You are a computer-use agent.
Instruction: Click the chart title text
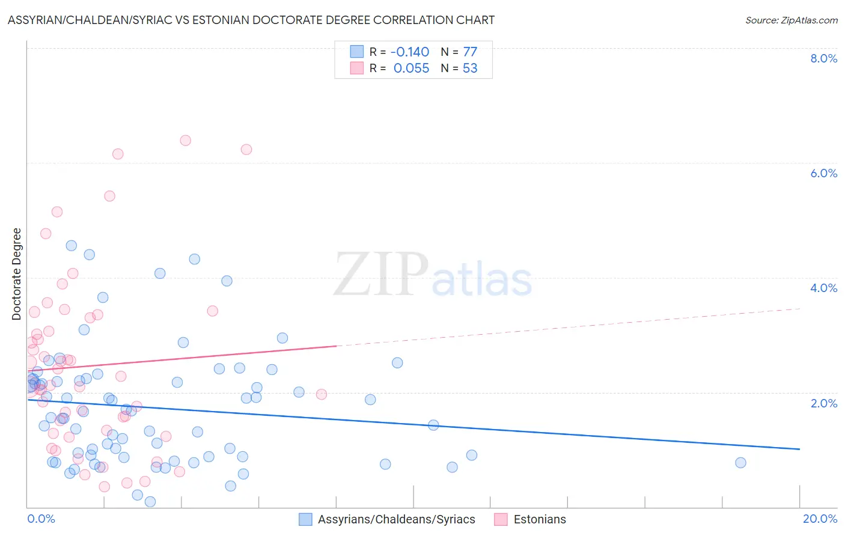pyautogui.click(x=251, y=20)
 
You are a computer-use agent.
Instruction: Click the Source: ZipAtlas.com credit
pyautogui.click(x=791, y=20)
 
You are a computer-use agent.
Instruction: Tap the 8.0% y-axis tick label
pyautogui.click(x=823, y=58)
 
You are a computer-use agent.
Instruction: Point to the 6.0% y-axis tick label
pyautogui.click(x=823, y=173)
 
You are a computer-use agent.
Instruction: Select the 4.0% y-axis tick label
pyautogui.click(x=823, y=288)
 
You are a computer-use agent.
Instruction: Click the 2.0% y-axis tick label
pyautogui.click(x=823, y=403)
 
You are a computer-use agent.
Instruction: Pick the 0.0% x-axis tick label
pyautogui.click(x=41, y=519)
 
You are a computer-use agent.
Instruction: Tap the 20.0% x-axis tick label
pyautogui.click(x=820, y=519)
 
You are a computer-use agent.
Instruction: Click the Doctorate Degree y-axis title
pyautogui.click(x=17, y=274)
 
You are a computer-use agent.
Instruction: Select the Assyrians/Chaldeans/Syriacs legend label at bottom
pyautogui.click(x=396, y=520)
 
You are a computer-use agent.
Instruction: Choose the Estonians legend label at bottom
pyautogui.click(x=539, y=520)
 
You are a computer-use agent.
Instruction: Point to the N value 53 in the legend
pyautogui.click(x=470, y=68)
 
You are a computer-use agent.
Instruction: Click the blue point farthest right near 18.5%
pyautogui.click(x=740, y=463)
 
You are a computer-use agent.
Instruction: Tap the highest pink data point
pyautogui.click(x=185, y=141)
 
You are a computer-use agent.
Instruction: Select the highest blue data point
pyautogui.click(x=72, y=245)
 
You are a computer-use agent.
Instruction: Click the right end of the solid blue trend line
pyautogui.click(x=799, y=449)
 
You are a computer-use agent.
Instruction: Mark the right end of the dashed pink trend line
pyautogui.click(x=799, y=308)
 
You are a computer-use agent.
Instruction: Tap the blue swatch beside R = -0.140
pyautogui.click(x=357, y=52)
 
